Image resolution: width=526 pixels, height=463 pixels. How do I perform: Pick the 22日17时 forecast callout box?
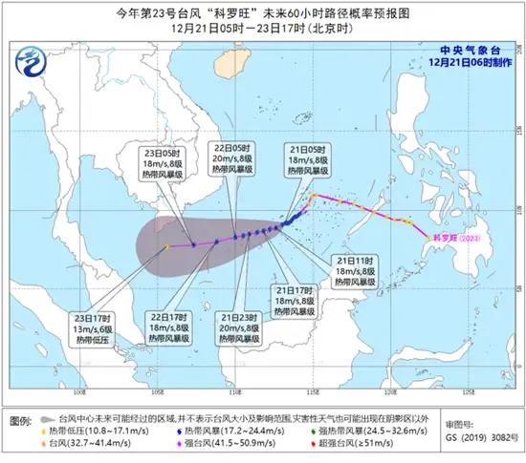(x=169, y=326)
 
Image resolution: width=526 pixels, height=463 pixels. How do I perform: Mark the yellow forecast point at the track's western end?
(x=165, y=246)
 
